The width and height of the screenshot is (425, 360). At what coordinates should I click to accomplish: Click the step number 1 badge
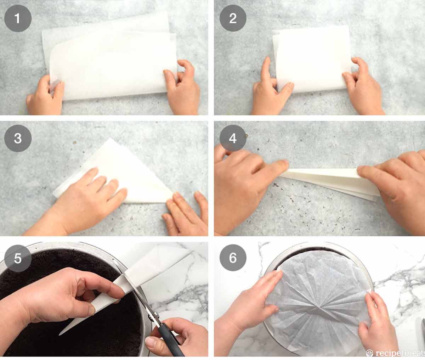18,18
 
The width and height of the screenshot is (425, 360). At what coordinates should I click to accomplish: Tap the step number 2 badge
233,18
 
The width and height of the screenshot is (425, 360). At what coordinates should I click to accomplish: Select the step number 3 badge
18,138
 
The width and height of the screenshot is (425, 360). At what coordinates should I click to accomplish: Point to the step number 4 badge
233,138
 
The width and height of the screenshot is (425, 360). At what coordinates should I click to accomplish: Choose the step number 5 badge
18,258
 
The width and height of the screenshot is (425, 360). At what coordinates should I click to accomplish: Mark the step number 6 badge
233,258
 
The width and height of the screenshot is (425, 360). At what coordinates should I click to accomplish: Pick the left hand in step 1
44,96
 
